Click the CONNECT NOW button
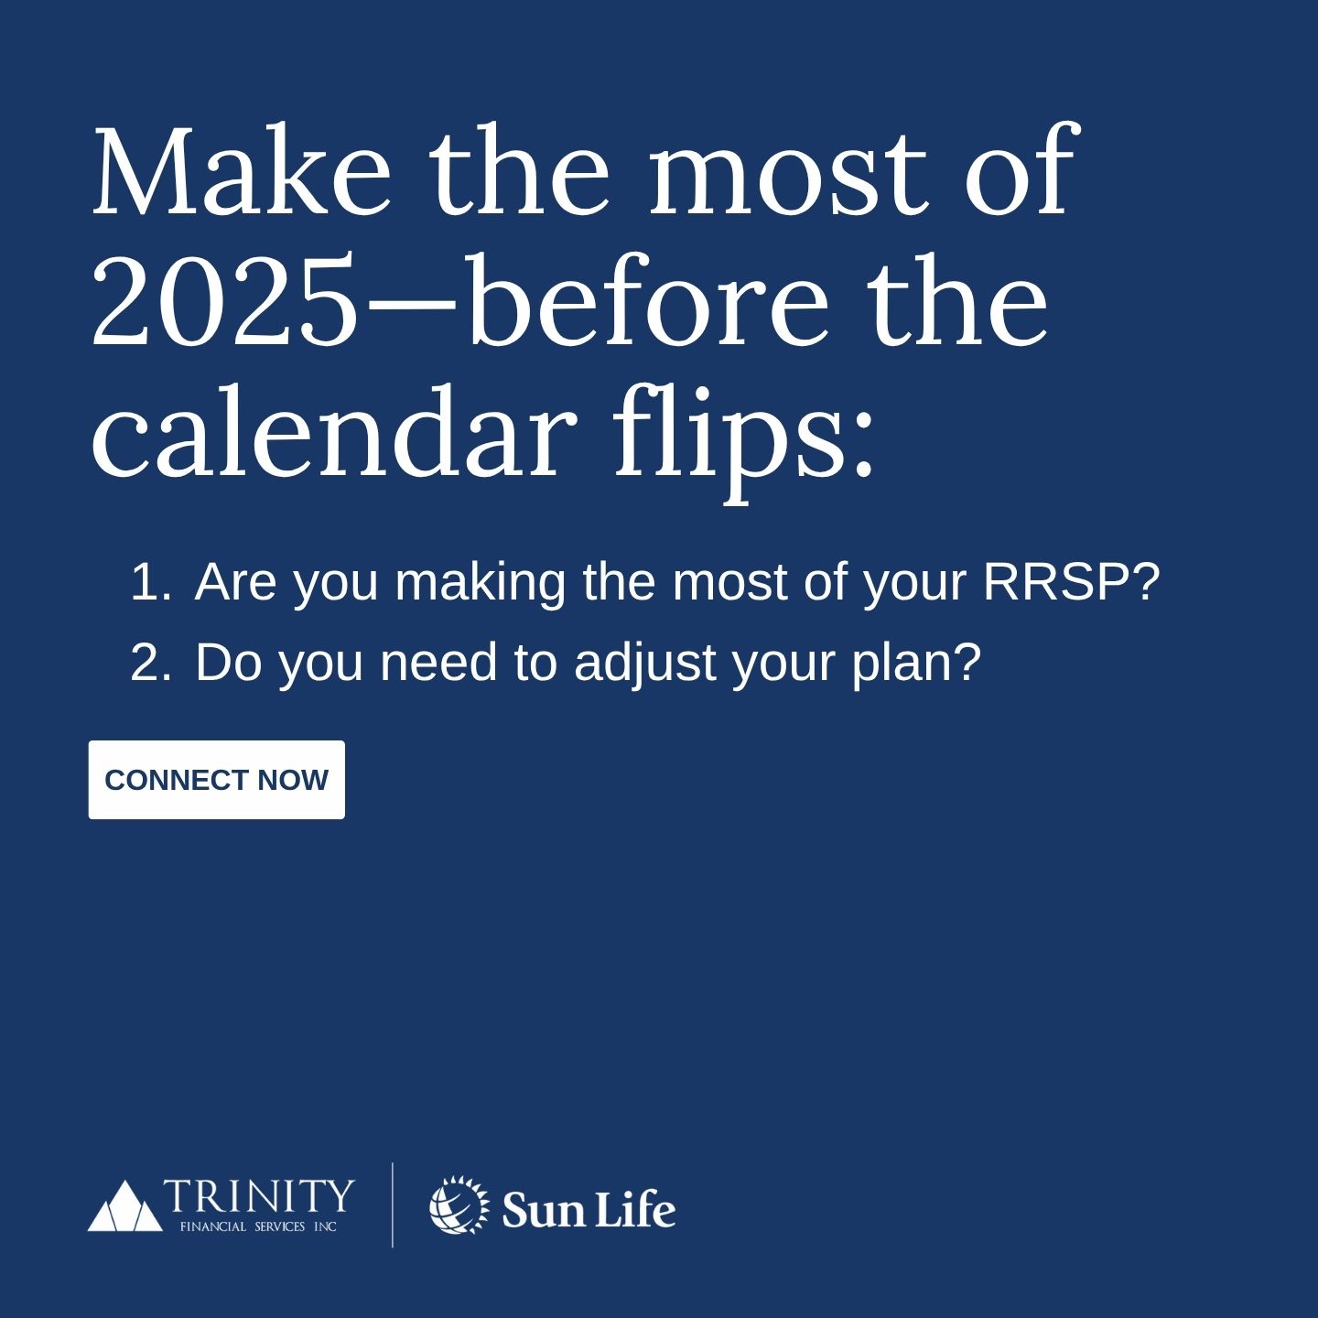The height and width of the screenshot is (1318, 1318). (x=216, y=780)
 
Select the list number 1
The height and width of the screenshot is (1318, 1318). (x=150, y=582)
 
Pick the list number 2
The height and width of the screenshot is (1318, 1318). (x=150, y=662)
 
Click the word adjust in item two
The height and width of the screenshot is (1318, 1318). (x=645, y=664)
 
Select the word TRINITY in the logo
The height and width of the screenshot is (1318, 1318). (x=258, y=1194)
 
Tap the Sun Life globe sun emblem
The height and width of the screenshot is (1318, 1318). (x=459, y=1205)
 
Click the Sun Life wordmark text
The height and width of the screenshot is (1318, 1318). (x=589, y=1208)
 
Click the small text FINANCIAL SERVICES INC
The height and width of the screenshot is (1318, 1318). (x=258, y=1226)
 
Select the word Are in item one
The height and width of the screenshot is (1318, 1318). (x=235, y=583)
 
